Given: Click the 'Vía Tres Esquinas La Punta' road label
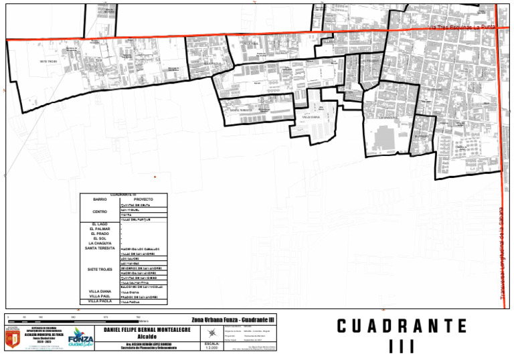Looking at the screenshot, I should coord(461,27).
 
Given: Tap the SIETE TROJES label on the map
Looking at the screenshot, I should coord(49,61).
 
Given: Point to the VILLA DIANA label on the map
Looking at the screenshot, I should coord(311,116).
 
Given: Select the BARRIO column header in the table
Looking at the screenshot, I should coord(100,199).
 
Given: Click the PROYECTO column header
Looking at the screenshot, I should coord(143,199).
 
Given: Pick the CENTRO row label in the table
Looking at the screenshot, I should coord(100,211).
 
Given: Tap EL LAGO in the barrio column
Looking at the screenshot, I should coord(100,223).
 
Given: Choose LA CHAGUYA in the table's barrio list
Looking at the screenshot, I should coord(100,243).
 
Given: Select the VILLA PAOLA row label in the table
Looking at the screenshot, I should coord(100,302).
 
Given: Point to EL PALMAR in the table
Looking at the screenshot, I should coord(100,228).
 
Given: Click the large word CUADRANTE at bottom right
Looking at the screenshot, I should coord(402,327).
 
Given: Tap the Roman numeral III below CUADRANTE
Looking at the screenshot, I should coord(402,347).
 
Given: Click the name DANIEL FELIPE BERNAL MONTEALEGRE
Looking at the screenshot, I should coord(147,331).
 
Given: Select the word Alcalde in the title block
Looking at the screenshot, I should coord(147,337).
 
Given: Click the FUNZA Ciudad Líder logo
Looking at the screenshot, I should coord(80,339).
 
